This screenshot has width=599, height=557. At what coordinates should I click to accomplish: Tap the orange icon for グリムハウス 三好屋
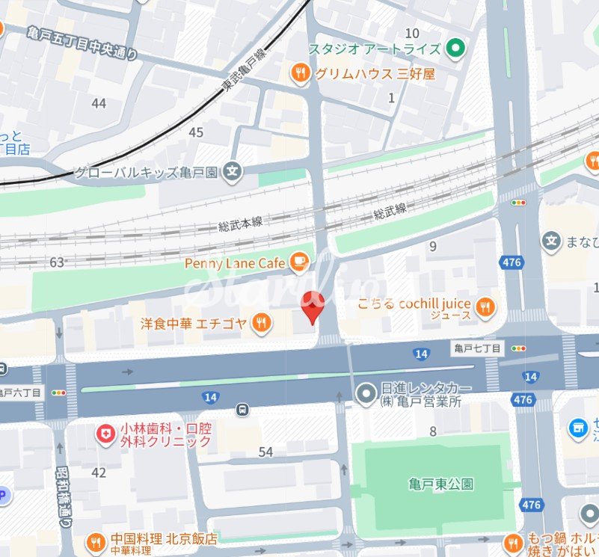click(300, 73)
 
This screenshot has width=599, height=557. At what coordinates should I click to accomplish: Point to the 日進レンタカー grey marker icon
click(366, 393)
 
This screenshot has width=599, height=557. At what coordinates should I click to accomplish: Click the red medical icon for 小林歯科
click(105, 433)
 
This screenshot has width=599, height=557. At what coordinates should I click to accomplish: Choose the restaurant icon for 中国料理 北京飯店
click(96, 541)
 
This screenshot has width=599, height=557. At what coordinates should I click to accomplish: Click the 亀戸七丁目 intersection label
click(478, 348)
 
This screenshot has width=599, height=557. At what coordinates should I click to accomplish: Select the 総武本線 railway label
click(241, 223)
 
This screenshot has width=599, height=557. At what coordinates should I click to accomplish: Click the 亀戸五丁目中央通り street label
click(82, 43)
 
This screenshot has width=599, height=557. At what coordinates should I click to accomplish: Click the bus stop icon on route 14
click(242, 410)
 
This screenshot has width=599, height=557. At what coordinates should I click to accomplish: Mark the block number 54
click(265, 452)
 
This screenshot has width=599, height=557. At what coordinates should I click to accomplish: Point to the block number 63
click(56, 262)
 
